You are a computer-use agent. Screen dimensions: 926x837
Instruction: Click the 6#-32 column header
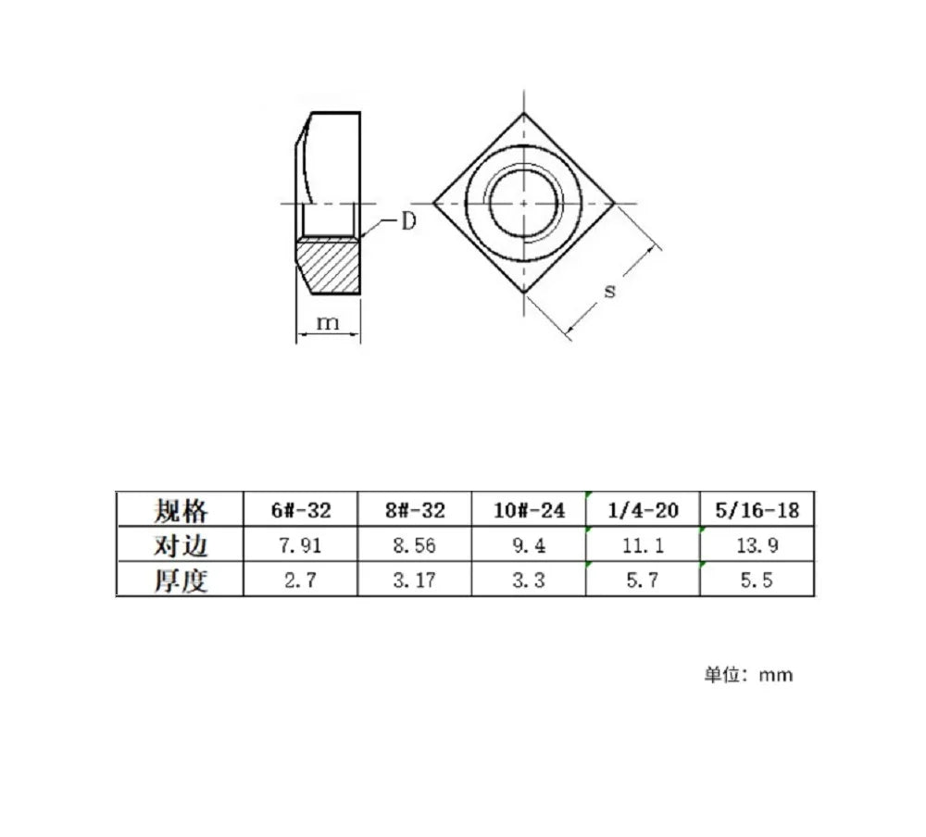tap(301, 510)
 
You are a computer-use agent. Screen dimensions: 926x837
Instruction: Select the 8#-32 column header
tap(415, 510)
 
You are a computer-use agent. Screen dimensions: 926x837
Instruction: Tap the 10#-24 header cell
tap(529, 510)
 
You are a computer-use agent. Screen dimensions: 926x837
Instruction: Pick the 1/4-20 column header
tap(644, 510)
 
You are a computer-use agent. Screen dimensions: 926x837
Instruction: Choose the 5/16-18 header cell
tap(757, 510)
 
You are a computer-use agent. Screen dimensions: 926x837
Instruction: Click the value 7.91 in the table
tap(301, 545)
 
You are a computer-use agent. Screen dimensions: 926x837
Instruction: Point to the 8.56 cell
tap(415, 545)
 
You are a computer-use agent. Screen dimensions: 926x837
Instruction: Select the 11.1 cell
tap(644, 545)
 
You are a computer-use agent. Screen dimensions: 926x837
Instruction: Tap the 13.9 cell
tap(757, 545)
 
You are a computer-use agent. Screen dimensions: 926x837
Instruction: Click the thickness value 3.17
tap(415, 580)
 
